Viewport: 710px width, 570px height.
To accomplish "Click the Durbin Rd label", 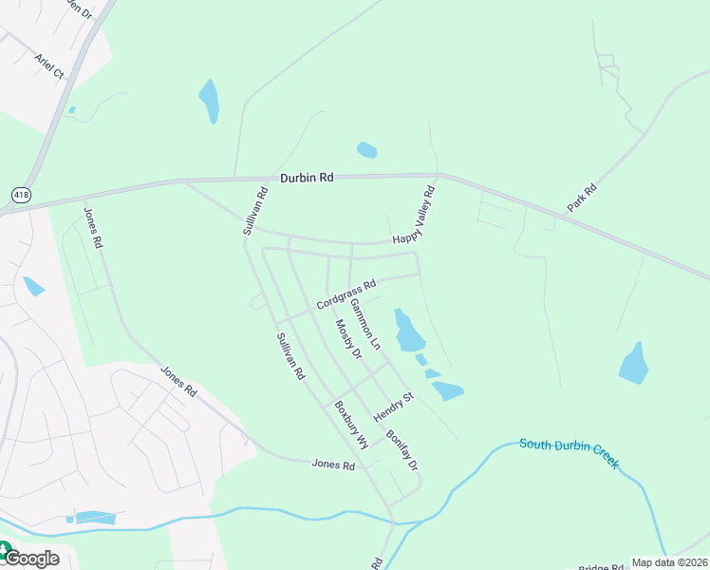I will point(308,178).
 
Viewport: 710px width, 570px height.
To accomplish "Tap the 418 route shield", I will point(20,195).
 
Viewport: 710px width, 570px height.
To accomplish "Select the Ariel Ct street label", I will point(48,66).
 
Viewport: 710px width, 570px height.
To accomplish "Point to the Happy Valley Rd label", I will point(414,214).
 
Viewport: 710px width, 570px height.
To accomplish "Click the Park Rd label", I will point(582,197).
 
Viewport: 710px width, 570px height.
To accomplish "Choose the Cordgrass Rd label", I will point(346,292).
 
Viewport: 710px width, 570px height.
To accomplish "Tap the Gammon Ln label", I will point(365,322).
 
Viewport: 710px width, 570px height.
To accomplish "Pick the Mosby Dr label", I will point(348,339).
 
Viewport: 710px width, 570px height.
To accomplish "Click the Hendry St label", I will point(394,408).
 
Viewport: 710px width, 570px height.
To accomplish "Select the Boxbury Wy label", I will point(350,425).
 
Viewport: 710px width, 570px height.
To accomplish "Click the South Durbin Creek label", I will point(570,452).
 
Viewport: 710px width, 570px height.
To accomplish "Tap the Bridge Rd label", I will point(603,566).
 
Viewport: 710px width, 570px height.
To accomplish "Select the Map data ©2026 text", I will point(669,562).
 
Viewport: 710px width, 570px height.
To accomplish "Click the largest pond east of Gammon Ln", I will point(408,331).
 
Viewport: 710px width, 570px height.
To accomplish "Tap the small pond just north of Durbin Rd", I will point(366,150).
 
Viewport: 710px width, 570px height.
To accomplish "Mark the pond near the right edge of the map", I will point(633,364).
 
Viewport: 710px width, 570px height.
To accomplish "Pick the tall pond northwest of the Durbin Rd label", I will point(209,100).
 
